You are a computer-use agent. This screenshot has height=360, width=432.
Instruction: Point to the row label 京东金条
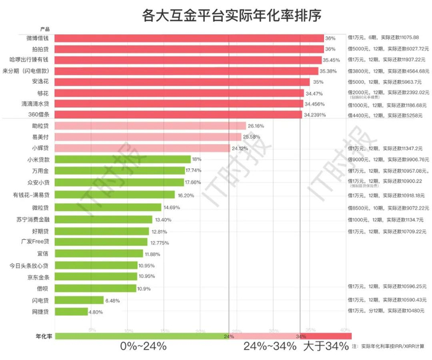coord(36,277)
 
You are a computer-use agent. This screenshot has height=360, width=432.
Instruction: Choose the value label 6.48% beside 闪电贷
coord(113,300)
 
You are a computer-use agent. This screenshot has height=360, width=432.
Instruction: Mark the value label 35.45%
coord(331,60)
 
